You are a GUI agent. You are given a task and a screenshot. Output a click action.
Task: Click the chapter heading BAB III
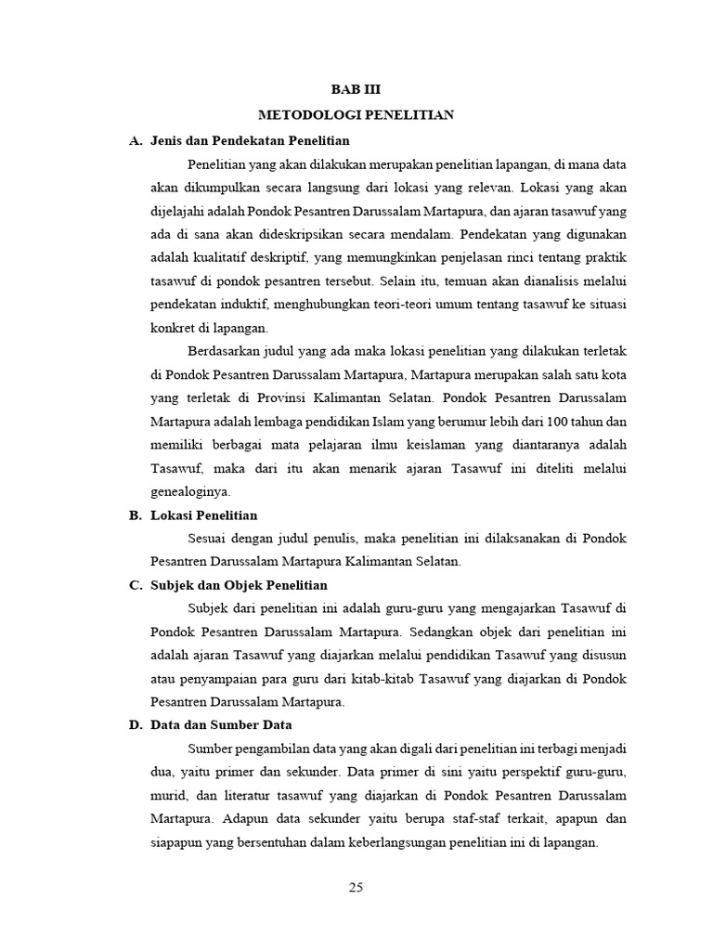pyautogui.click(x=356, y=89)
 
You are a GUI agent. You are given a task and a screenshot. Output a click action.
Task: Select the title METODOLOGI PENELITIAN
pyautogui.click(x=356, y=115)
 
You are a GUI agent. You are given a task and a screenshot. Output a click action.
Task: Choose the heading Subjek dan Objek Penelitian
pyautogui.click(x=239, y=585)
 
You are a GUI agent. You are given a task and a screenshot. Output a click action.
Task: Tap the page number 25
pyautogui.click(x=356, y=888)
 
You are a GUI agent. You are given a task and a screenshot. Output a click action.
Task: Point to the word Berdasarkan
pyautogui.click(x=224, y=351)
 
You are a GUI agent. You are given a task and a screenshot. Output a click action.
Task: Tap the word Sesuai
pyautogui.click(x=208, y=538)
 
